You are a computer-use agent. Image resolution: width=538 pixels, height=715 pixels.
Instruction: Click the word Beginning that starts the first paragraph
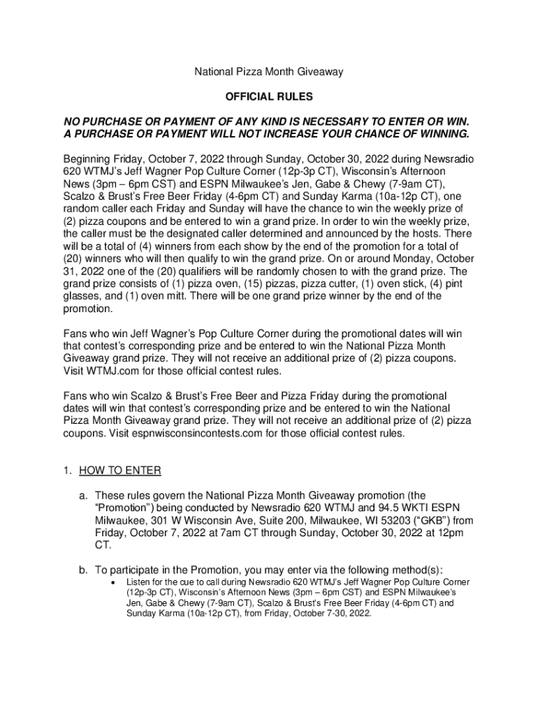[88, 159]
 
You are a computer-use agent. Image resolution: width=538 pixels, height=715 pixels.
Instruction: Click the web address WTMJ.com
[110, 371]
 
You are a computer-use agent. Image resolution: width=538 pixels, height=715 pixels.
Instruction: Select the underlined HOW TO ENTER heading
[120, 471]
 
